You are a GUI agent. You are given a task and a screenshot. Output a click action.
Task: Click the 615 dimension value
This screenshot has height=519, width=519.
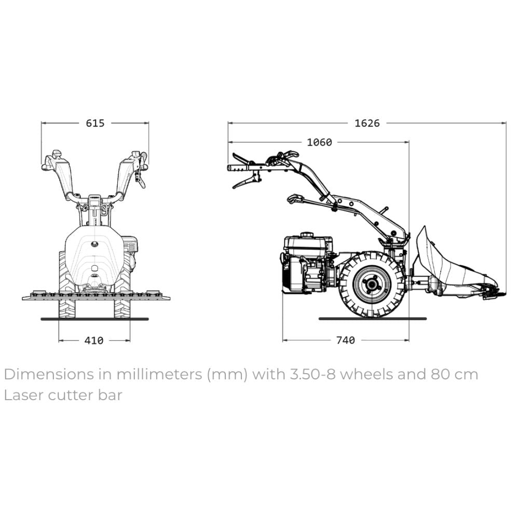(95, 123)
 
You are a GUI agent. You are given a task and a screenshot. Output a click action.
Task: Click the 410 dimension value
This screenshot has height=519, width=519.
(94, 340)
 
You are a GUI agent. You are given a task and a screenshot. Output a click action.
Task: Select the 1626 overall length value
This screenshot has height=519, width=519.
(367, 123)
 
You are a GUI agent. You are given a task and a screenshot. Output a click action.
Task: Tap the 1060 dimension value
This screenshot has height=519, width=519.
(319, 142)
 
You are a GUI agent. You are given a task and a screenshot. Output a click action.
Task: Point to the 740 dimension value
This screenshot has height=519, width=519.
(346, 340)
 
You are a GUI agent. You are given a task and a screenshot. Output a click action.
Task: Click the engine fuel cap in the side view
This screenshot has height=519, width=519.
(307, 235)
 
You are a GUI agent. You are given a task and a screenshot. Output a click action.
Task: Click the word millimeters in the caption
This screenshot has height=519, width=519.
(159, 374)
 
